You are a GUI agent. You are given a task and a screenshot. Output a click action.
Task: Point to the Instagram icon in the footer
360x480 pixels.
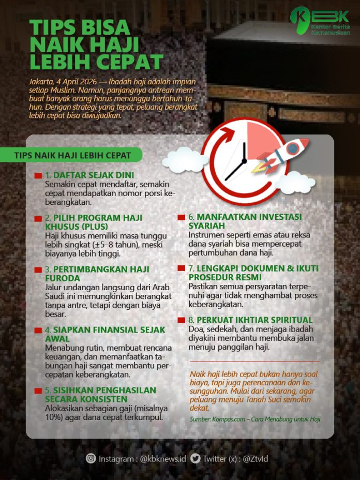91,458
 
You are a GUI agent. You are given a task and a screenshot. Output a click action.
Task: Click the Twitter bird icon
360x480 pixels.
195,458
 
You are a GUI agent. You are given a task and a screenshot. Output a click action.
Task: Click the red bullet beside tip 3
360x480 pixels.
38,270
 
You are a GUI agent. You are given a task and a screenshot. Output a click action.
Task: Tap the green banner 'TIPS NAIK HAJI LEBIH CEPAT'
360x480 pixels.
72,155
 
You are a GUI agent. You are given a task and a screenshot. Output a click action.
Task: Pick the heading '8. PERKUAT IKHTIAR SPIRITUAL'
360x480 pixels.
250,320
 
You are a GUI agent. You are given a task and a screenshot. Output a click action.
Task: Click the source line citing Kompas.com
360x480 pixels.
255,419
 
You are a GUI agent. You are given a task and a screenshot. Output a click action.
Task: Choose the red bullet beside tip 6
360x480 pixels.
181,217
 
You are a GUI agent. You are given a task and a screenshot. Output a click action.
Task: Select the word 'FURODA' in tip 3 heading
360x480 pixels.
64,279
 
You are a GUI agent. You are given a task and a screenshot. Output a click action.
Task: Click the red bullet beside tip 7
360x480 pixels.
181,268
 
